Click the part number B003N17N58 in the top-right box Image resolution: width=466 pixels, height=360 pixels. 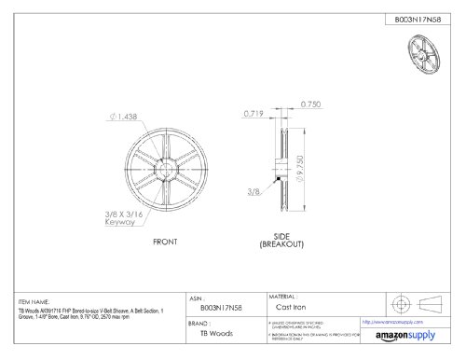pyautogui.click(x=410, y=16)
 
